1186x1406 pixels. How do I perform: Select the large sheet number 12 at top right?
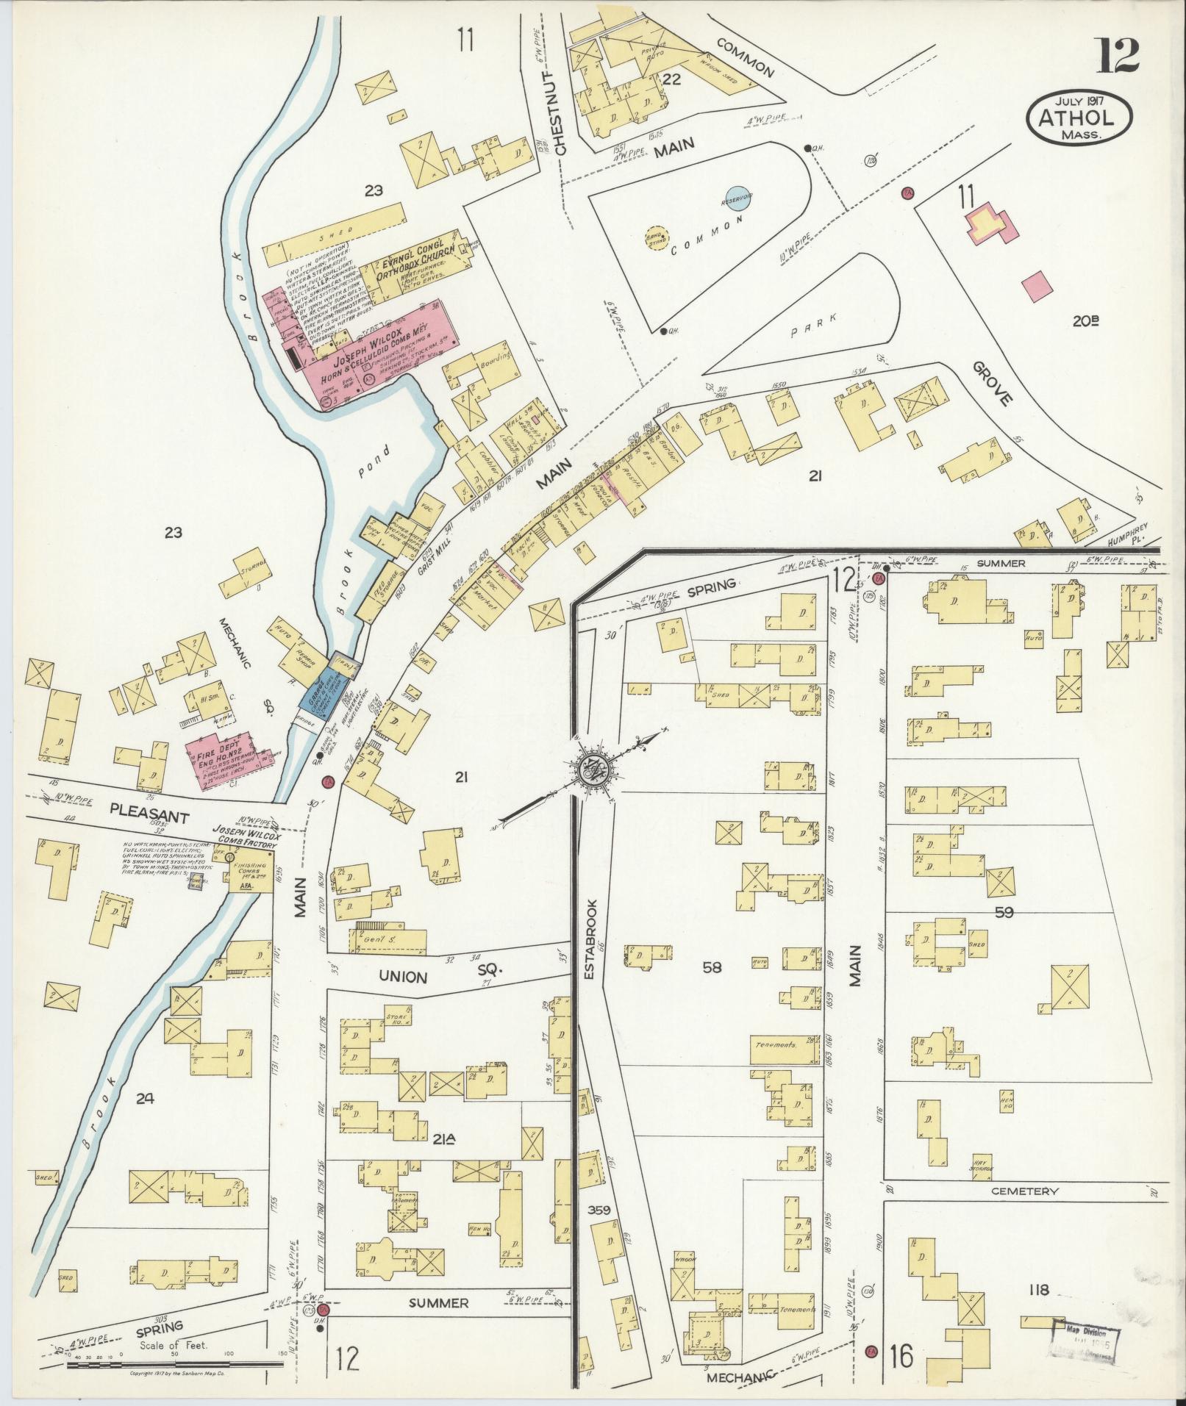tap(1118, 55)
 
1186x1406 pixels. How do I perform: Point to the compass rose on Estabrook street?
tap(592, 770)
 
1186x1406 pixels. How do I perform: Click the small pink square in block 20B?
tap(1037, 286)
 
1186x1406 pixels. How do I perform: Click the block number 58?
tap(712, 968)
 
